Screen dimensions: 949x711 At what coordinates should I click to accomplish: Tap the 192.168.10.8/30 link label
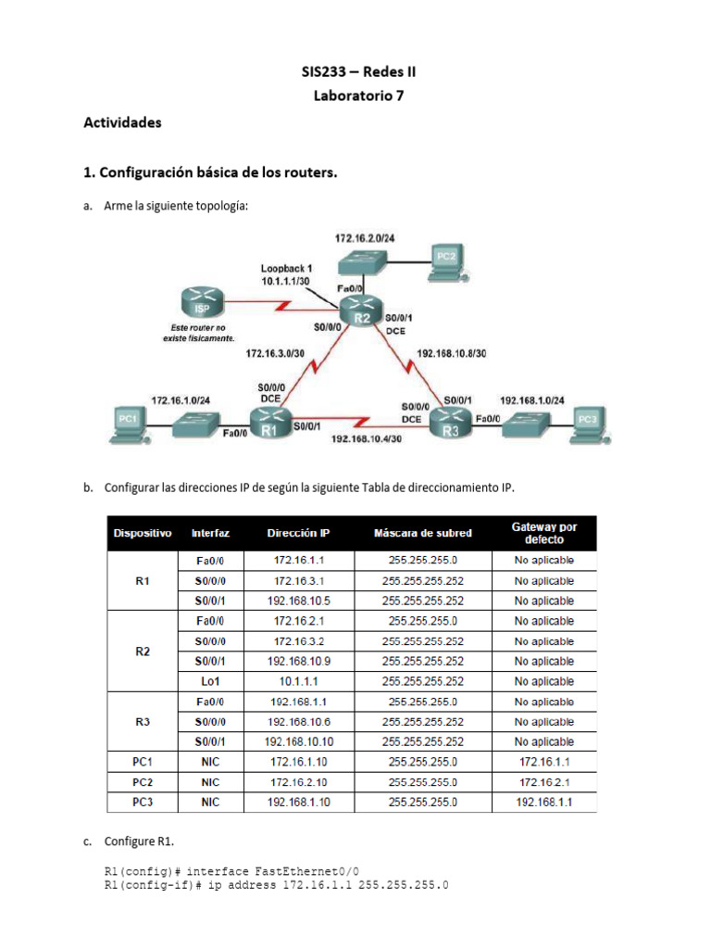pyautogui.click(x=452, y=353)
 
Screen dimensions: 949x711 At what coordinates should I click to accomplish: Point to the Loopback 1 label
pyautogui.click(x=286, y=268)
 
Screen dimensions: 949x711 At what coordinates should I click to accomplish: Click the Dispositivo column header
pyautogui.click(x=143, y=533)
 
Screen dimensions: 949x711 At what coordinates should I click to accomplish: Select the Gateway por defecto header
pyautogui.click(x=544, y=533)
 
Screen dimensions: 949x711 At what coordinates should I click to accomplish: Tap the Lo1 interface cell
pyautogui.click(x=210, y=681)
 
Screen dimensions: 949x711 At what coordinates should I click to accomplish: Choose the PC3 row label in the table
pyautogui.click(x=143, y=802)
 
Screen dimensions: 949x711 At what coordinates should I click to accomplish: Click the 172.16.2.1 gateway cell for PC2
pyautogui.click(x=544, y=782)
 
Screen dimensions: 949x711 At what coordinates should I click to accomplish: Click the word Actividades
pyautogui.click(x=122, y=121)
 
